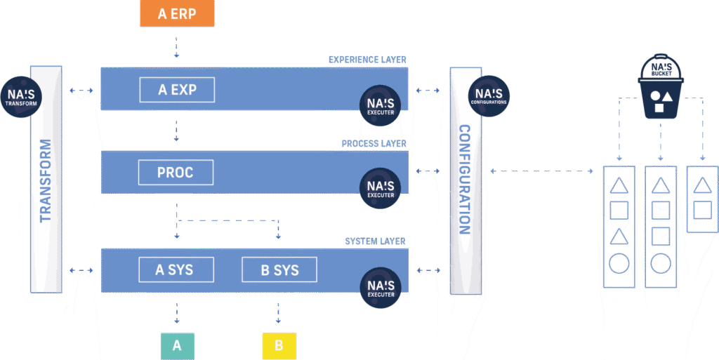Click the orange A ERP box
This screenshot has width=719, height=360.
tap(176, 13)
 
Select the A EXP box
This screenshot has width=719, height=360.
tap(177, 90)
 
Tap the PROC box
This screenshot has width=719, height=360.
tap(176, 173)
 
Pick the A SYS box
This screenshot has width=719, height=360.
tap(175, 269)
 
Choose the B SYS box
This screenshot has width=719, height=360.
tap(279, 269)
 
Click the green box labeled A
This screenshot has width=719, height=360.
tap(177, 345)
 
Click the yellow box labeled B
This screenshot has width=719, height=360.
tap(279, 345)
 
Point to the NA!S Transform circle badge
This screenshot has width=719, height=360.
tap(22, 97)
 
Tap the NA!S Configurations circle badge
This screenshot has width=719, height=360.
tap(489, 96)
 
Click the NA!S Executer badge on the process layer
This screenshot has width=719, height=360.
tap(381, 187)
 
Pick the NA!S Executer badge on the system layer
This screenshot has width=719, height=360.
tap(381, 287)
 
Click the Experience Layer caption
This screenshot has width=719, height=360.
tap(367, 61)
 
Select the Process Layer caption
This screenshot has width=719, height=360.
tap(374, 144)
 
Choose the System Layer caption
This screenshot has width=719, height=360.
tap(375, 241)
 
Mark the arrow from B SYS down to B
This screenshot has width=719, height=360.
tap(279, 309)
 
